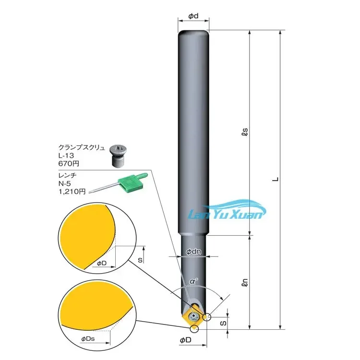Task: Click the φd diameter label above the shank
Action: [x=193, y=16]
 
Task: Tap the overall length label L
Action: [x=275, y=179]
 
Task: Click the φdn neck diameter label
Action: [x=193, y=252]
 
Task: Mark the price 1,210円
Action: [x=72, y=192]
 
